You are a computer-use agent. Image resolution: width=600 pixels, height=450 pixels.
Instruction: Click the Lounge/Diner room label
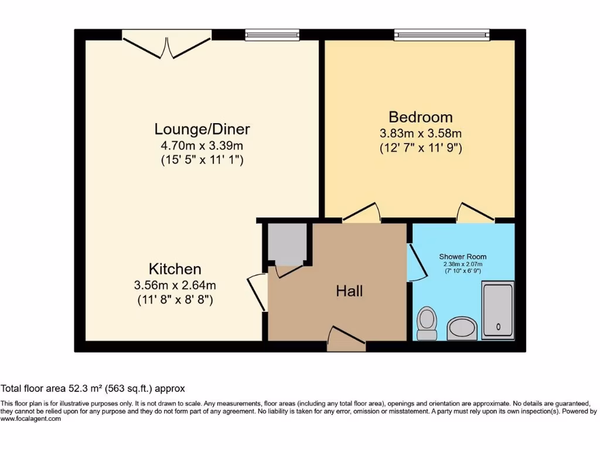pos(202,128)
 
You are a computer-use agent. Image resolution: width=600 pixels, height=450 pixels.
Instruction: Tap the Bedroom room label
pos(421,117)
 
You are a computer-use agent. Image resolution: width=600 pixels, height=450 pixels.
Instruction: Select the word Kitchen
pos(175,269)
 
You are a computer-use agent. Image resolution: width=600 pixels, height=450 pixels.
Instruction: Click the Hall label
pos(349,291)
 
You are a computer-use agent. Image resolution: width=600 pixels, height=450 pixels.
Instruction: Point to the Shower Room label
pos(463,257)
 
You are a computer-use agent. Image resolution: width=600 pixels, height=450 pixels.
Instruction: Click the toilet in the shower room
pos(427,323)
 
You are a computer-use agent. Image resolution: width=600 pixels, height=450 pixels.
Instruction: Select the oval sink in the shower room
pos(462,328)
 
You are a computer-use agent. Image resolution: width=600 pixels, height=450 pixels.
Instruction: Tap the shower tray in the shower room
pos(497,311)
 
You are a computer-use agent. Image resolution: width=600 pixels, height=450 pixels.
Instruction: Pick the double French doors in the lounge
pos(166,45)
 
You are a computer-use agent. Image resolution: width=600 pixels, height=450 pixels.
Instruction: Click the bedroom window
pos(442,35)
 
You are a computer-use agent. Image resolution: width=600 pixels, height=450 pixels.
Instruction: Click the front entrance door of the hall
pos(346,340)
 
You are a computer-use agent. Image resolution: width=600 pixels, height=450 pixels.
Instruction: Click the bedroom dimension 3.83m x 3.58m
pos(421,133)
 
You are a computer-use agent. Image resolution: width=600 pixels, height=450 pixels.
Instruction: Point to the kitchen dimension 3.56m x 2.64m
pos(175,285)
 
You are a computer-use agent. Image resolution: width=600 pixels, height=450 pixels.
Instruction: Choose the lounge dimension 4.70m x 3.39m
pos(202,145)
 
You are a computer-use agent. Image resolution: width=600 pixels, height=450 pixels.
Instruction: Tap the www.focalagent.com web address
pos(30,419)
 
